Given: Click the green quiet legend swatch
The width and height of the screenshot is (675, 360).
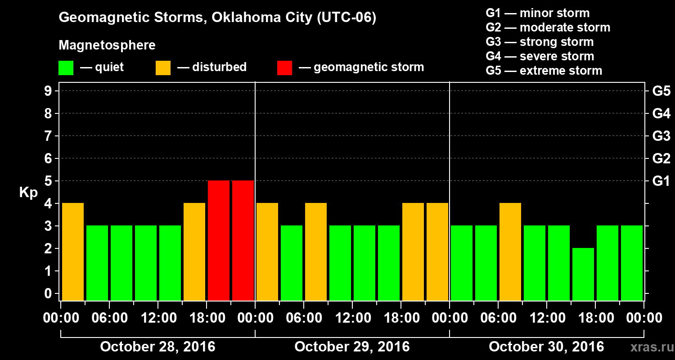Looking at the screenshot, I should (66, 68).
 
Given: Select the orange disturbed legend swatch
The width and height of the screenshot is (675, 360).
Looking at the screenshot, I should (163, 68).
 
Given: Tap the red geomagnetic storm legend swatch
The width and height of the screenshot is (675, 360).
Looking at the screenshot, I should (284, 68).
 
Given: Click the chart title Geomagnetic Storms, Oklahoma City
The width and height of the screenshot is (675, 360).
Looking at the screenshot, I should (217, 18).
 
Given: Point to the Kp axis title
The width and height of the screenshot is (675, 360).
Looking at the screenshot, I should (28, 193).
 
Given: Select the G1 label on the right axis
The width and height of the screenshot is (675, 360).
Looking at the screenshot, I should (661, 181).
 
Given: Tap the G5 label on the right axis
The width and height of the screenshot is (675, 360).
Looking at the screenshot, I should (661, 91).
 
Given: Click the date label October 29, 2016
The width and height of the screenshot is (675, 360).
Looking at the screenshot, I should (352, 347).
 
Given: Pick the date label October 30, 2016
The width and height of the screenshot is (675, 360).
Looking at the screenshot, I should (546, 347).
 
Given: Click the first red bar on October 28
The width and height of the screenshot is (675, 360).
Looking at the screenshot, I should (219, 241).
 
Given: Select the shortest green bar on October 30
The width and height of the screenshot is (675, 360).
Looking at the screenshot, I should (583, 274).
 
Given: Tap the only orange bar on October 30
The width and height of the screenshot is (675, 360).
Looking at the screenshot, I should (510, 252).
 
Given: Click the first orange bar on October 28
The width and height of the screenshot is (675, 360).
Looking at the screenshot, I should (73, 252).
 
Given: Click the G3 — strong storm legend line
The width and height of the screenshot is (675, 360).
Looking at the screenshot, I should (540, 42).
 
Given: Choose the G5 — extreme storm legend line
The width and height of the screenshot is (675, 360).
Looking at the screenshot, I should (544, 71).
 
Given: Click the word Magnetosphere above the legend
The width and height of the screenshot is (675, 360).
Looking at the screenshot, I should (107, 45).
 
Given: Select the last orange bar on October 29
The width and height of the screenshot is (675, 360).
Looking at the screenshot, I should (437, 252).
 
